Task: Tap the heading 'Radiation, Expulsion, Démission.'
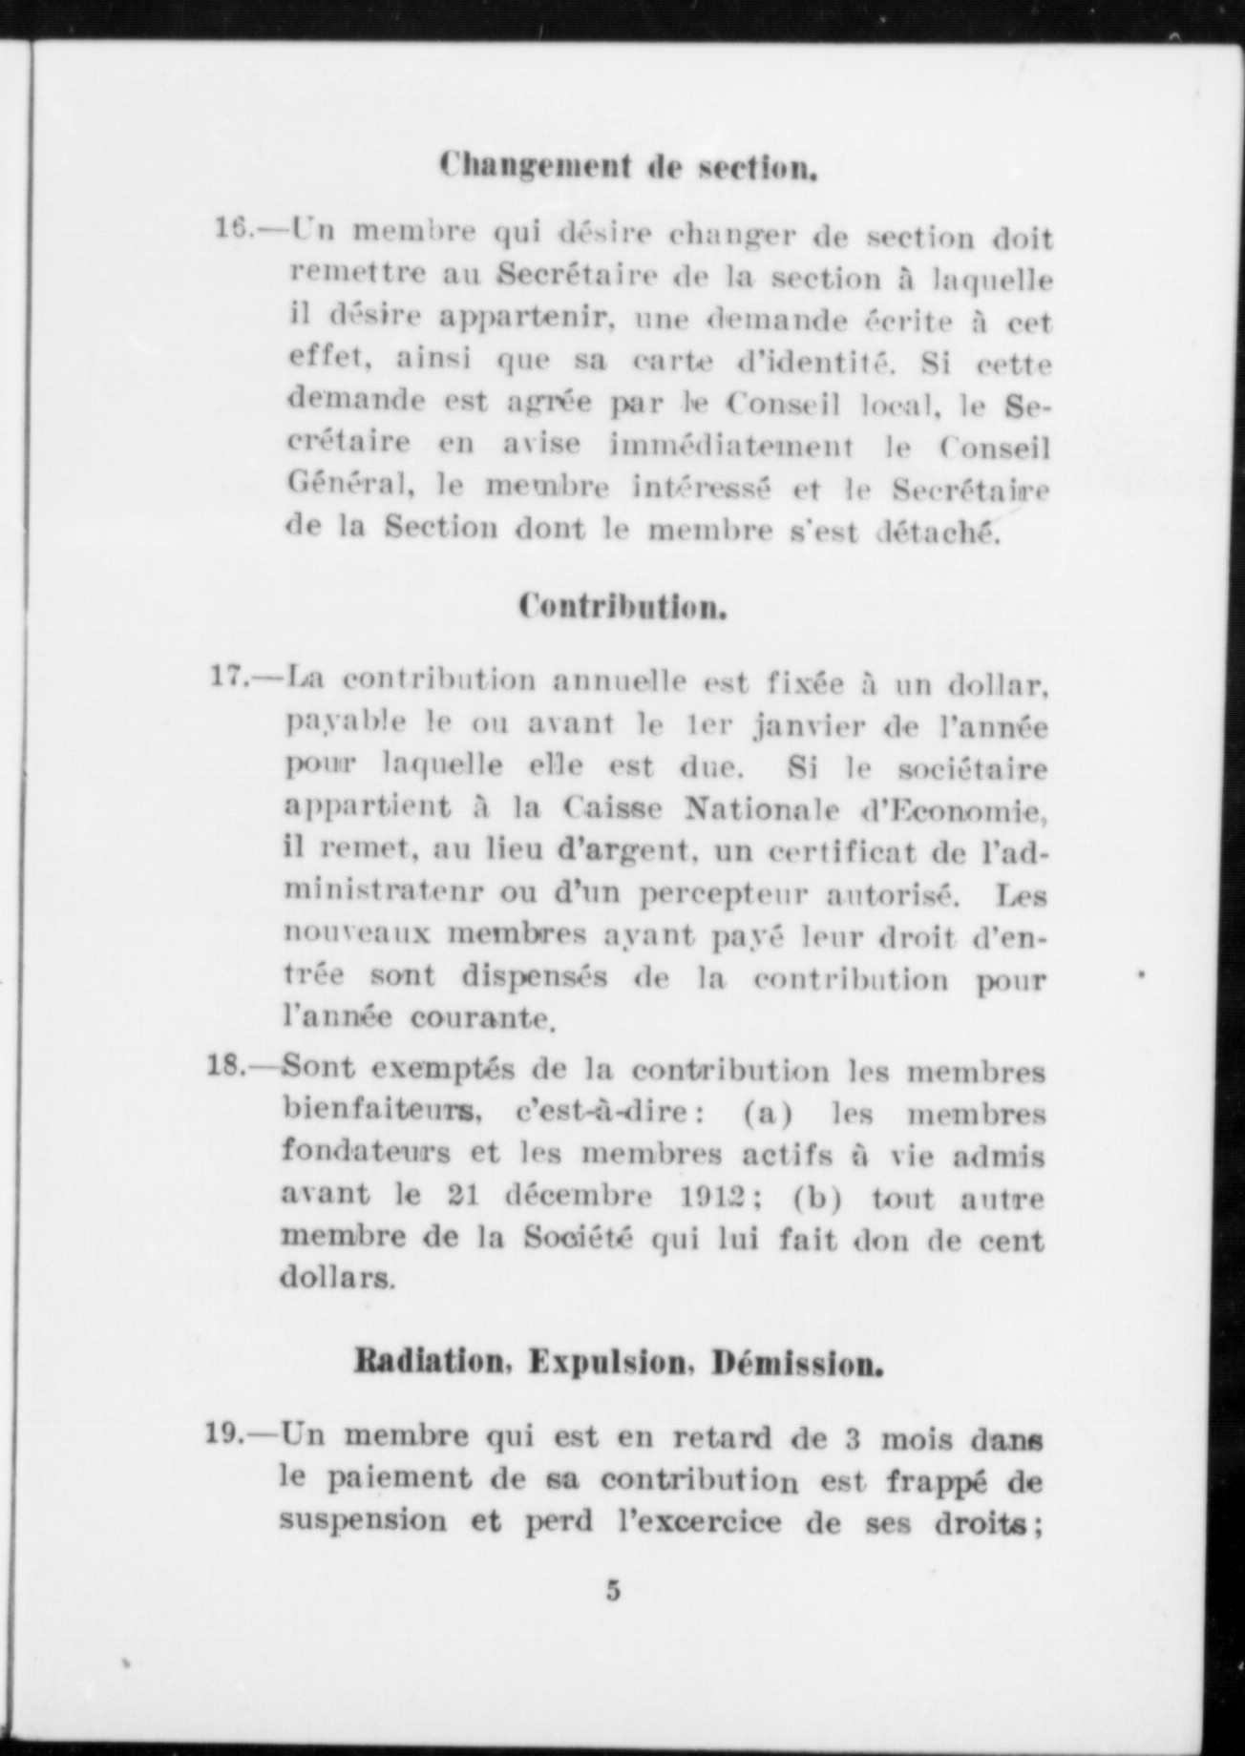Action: (x=618, y=1363)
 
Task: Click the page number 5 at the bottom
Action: (x=613, y=1591)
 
